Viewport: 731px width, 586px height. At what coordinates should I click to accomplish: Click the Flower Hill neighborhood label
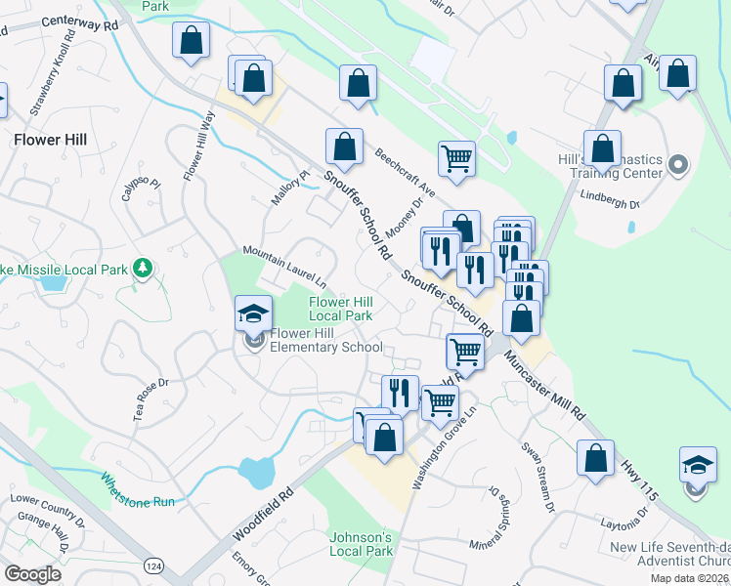[x=50, y=140]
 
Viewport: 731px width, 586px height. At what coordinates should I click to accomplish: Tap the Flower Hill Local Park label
[x=341, y=309]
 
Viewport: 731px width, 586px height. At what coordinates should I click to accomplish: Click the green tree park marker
[x=144, y=268]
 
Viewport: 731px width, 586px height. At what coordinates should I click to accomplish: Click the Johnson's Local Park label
[x=361, y=544]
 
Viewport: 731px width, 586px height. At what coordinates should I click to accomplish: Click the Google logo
[x=32, y=574]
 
